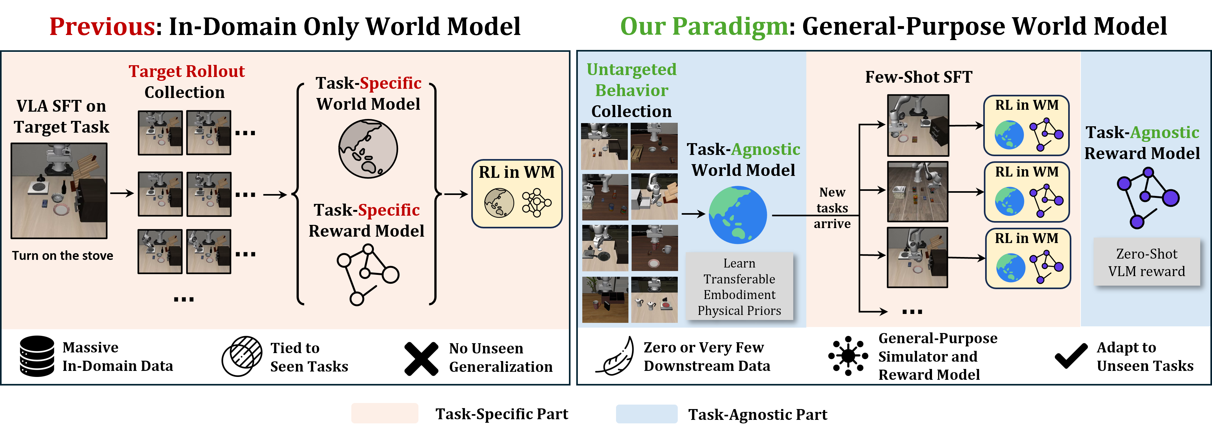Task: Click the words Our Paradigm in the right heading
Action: point(704,27)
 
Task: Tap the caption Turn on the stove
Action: point(63,255)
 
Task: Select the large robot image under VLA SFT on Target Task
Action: point(59,191)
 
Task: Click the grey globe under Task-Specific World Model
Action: point(368,149)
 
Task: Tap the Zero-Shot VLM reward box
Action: point(1146,262)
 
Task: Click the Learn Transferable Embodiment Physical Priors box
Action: point(739,287)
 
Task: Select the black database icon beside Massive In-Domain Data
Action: point(37,356)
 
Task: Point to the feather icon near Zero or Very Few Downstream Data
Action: point(615,357)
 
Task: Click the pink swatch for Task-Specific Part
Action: point(384,413)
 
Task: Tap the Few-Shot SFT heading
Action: point(918,77)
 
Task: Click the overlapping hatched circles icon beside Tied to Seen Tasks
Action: point(242,356)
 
